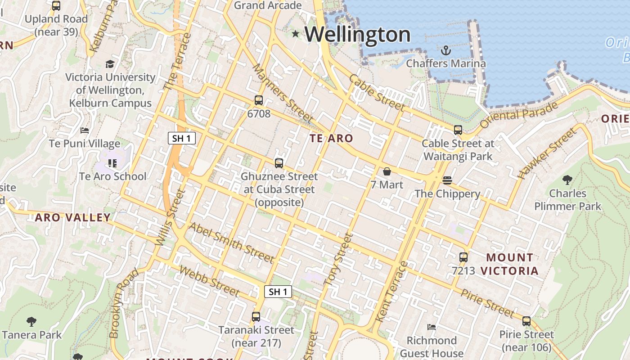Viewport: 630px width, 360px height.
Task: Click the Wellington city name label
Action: click(358, 35)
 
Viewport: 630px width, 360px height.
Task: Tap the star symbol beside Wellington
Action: click(296, 34)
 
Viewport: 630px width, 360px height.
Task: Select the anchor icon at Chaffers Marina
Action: click(445, 50)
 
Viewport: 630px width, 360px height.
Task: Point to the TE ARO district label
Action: click(332, 139)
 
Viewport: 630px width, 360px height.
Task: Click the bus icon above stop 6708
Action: click(259, 100)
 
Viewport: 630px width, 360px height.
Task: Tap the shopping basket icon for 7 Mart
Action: click(387, 171)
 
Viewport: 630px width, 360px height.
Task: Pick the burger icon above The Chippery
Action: click(447, 180)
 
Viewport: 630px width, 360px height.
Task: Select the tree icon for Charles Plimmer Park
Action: click(567, 180)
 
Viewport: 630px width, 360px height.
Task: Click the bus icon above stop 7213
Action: click(463, 257)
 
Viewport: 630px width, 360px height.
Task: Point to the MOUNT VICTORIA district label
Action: click(509, 264)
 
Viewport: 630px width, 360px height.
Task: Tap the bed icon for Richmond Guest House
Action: click(432, 327)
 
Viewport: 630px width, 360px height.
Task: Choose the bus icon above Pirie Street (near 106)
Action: click(526, 321)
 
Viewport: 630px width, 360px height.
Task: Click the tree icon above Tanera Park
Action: click(31, 322)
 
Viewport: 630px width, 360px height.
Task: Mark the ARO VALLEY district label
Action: click(73, 218)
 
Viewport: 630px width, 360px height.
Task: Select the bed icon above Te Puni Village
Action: click(85, 131)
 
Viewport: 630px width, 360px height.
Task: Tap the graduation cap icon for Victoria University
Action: click(110, 64)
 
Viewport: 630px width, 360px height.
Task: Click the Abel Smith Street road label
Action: click(231, 243)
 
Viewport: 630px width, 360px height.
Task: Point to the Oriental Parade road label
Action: click(519, 115)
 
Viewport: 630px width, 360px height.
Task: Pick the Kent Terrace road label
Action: click(391, 292)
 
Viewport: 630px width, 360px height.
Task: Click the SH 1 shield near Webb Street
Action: click(278, 292)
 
